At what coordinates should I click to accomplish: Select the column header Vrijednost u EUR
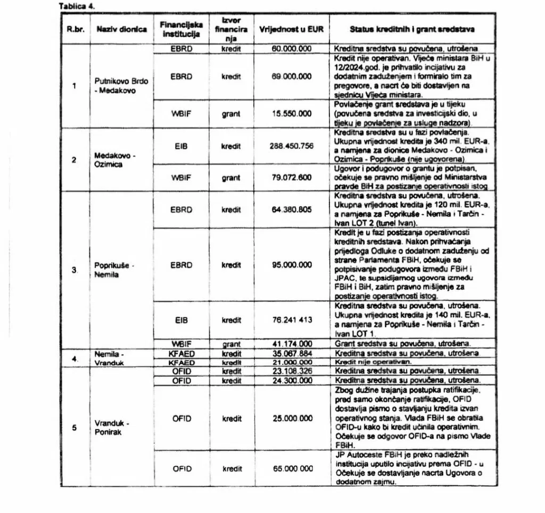click(291, 30)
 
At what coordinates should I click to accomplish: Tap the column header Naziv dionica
click(121, 30)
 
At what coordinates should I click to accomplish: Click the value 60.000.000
click(291, 48)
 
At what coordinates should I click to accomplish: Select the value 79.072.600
click(291, 178)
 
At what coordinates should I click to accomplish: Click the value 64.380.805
click(291, 209)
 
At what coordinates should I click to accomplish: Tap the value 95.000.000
click(291, 265)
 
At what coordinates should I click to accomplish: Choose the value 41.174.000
click(291, 343)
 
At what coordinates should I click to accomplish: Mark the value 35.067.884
click(291, 353)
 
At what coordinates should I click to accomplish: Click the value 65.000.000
click(291, 469)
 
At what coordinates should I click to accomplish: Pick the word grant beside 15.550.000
click(232, 114)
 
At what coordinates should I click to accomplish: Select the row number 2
click(74, 159)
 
